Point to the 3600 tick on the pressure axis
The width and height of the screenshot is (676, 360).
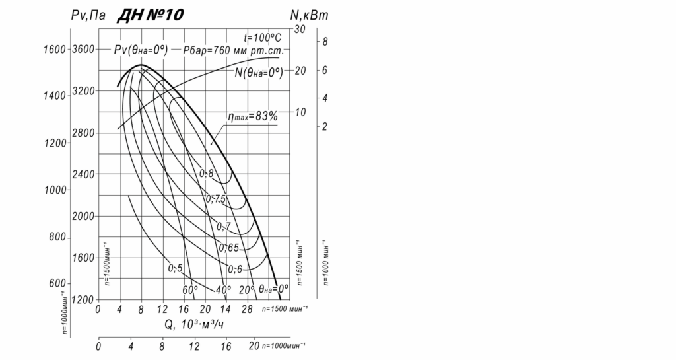coord(84,49)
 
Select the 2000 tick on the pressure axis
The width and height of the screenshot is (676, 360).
coord(84,216)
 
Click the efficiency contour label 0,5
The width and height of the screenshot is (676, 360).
coord(175,268)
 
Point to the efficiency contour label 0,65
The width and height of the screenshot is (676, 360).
coord(228,248)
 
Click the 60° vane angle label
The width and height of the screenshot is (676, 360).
coord(190,290)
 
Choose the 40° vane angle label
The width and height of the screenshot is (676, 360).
coord(223,290)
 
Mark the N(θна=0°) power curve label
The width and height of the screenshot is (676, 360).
coord(259,73)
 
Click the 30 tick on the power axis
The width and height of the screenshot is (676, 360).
coord(299,30)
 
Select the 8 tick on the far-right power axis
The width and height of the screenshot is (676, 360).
coord(325,42)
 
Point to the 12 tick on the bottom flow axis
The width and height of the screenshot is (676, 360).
coord(194,346)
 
